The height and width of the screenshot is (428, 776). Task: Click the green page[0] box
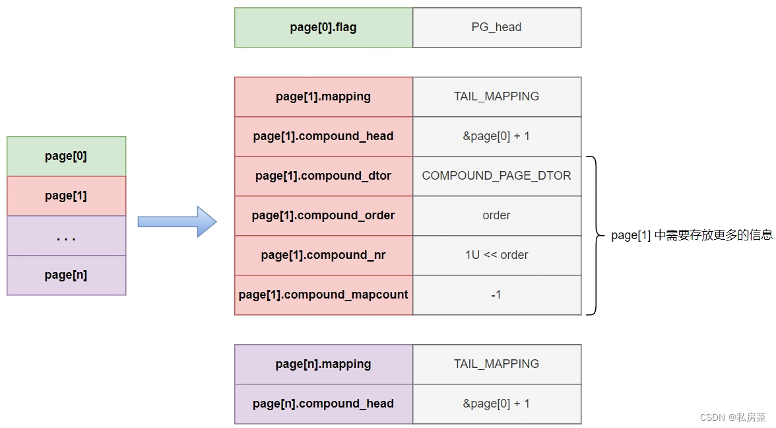(66, 156)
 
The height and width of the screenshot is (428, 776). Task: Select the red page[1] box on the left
(66, 196)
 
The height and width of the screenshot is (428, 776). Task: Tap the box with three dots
(66, 235)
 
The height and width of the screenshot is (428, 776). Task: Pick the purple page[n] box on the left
(66, 275)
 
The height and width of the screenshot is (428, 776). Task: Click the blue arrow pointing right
(177, 221)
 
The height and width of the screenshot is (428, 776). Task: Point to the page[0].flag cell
(323, 27)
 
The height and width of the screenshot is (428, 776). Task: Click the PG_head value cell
(497, 27)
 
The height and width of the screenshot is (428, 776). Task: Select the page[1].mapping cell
(323, 96)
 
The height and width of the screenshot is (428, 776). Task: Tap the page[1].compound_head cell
(323, 136)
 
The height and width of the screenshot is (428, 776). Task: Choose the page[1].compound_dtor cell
(323, 176)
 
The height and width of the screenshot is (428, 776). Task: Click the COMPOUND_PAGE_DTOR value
(496, 176)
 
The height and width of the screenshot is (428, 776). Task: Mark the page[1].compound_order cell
(323, 215)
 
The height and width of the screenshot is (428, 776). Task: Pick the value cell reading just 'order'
(497, 215)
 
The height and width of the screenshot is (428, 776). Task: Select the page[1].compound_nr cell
(323, 255)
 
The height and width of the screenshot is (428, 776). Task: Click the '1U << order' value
(496, 255)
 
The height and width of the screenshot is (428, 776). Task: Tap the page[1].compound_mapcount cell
(323, 295)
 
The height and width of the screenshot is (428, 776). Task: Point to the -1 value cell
(497, 295)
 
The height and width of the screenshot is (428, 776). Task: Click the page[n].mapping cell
(323, 364)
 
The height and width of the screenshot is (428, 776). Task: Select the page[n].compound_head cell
(323, 404)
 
